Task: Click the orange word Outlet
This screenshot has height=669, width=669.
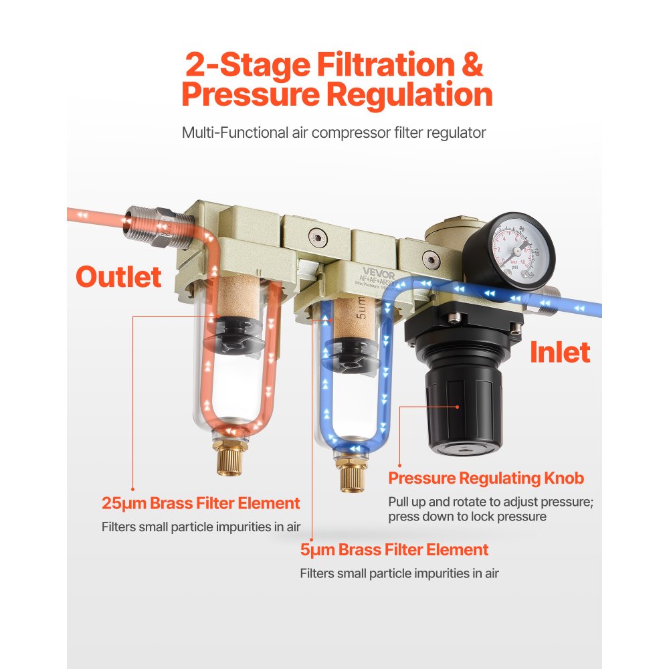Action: [x=118, y=277]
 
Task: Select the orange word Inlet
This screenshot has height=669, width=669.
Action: [x=559, y=353]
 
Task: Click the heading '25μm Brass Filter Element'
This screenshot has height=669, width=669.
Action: [x=201, y=503]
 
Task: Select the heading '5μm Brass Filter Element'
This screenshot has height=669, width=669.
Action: [x=394, y=550]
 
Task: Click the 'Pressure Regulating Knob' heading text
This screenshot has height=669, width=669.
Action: [x=486, y=478]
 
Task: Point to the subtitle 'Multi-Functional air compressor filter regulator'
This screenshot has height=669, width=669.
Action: [x=334, y=132]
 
